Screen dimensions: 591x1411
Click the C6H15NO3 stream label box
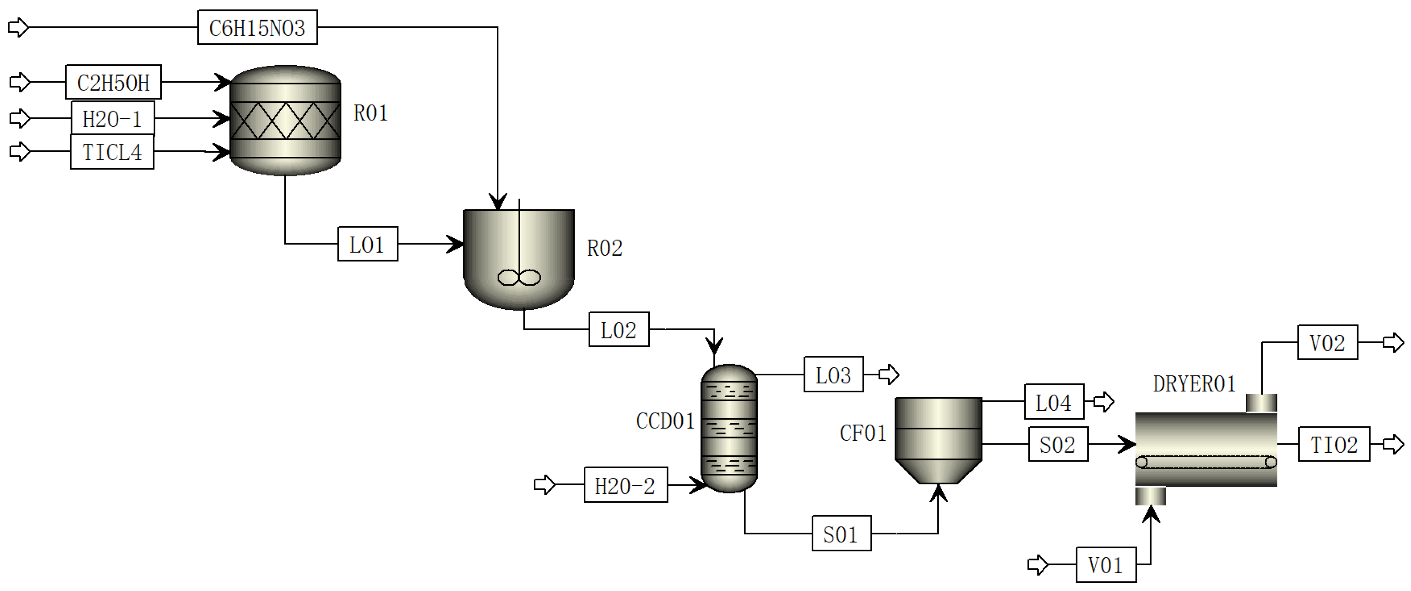257,27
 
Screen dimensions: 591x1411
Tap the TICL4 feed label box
112,152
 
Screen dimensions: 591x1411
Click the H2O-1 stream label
112,118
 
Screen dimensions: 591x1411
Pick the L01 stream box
367,244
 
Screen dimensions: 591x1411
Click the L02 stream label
619,330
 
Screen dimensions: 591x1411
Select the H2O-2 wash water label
625,485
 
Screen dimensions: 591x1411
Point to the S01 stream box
841,534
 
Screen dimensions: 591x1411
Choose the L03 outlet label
833,375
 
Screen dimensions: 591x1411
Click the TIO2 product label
1333,444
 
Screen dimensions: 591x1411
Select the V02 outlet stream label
1327,343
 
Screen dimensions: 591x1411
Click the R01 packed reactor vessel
285,121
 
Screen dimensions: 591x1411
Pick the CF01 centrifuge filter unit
938,439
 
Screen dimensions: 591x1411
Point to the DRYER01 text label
1194,383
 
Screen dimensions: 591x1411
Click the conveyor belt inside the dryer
1205,462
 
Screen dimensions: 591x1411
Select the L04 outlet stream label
1053,402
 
